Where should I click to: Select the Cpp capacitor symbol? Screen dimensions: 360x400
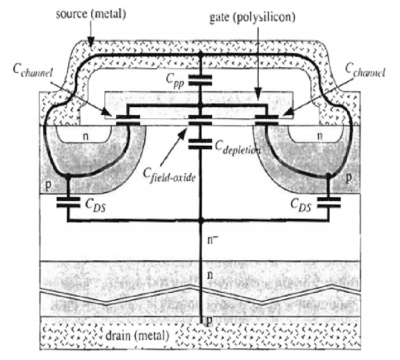coord(201,80)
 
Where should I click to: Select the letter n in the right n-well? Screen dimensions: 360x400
coord(319,135)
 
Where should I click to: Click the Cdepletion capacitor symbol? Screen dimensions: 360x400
coord(201,143)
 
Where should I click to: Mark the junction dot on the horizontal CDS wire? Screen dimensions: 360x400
coord(201,220)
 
